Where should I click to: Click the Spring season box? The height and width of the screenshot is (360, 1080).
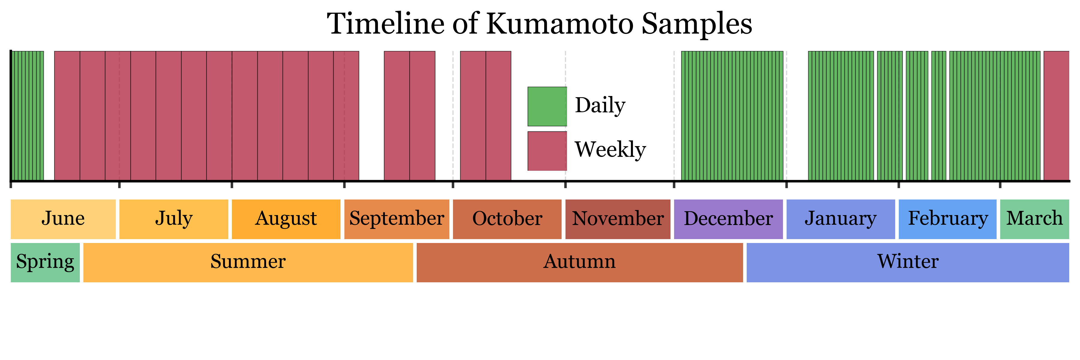[x=45, y=263]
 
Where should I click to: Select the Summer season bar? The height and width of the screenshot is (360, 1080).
[x=248, y=263]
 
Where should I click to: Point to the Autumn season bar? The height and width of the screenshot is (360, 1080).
[x=580, y=263]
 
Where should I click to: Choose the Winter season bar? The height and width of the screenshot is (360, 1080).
[x=908, y=263]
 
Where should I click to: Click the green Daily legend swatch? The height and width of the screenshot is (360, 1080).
[x=547, y=106]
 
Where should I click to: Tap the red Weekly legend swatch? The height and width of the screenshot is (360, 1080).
[x=547, y=151]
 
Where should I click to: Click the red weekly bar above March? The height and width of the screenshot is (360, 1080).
[x=1057, y=116]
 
